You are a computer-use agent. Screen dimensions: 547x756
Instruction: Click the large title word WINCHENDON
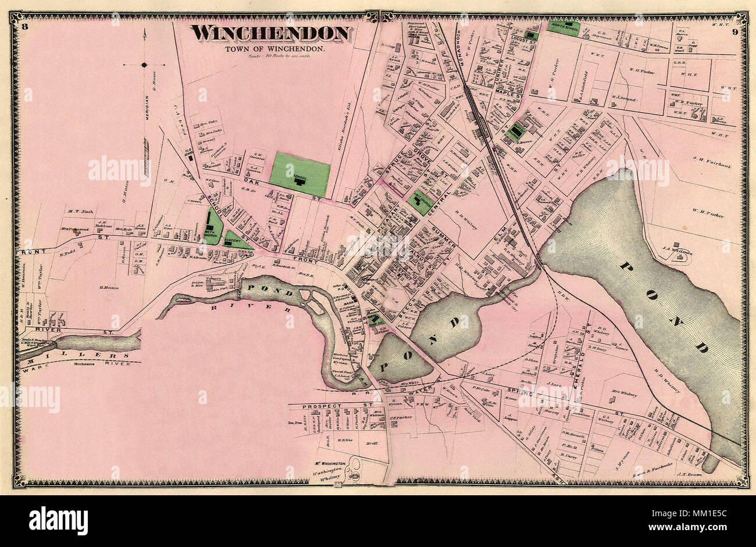point(272,34)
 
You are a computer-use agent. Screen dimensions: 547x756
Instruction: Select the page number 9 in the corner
point(735,31)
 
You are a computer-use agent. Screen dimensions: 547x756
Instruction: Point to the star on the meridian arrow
point(144,65)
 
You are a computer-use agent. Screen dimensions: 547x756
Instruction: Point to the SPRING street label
point(527,387)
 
